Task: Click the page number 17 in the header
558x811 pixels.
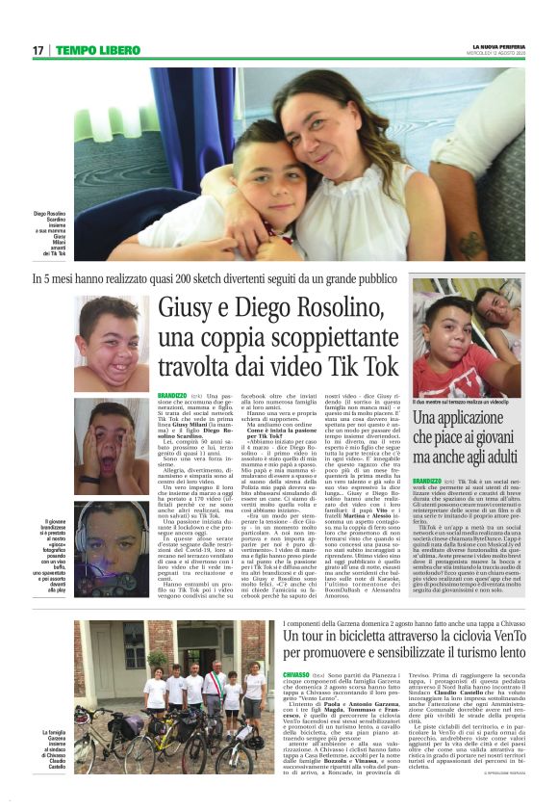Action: tap(38, 50)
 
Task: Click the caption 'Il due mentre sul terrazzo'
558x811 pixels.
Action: tap(457, 401)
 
